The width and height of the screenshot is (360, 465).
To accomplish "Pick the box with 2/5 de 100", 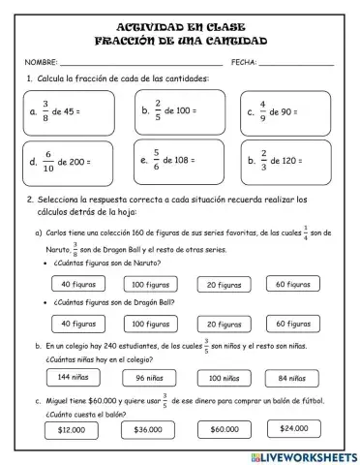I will click(180, 111).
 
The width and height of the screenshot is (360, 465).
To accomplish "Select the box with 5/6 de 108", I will click(180, 162).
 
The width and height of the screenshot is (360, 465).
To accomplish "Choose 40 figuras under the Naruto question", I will click(77, 284).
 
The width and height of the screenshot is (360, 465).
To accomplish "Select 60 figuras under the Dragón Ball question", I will click(292, 324).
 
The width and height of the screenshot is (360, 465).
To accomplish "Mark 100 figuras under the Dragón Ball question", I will click(151, 324).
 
